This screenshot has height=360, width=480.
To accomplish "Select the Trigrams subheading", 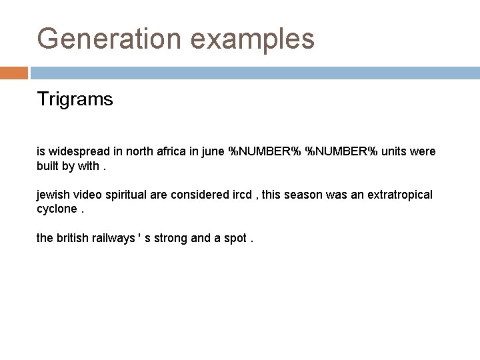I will [75, 100].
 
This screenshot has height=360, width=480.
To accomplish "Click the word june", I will [212, 151].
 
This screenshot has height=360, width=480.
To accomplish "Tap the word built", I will [47, 165].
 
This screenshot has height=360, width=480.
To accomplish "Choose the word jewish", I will [52, 194].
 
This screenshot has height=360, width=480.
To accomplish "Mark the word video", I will [87, 194].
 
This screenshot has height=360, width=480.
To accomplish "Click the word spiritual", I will [126, 195].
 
